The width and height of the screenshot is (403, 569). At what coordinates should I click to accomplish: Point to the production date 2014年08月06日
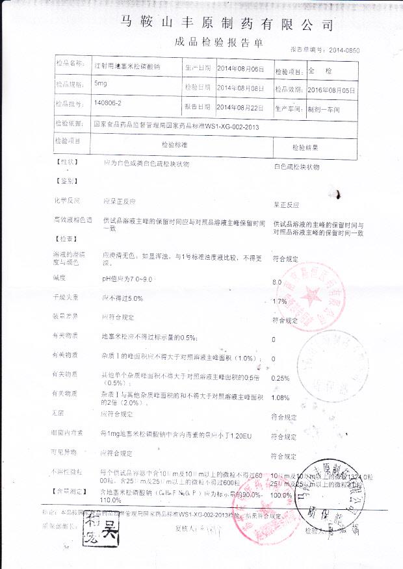240,68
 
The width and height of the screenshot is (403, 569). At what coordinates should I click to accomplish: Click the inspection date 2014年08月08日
240,87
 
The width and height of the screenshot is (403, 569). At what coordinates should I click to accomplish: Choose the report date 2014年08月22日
240,106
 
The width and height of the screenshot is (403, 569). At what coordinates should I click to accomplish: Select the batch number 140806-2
108,103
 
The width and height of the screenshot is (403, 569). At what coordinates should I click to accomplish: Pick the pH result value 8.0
278,282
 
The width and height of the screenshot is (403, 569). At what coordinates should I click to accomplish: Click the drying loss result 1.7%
280,301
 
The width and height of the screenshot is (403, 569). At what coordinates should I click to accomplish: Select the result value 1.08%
280,398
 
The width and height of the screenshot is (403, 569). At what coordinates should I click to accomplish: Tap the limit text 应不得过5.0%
122,297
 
